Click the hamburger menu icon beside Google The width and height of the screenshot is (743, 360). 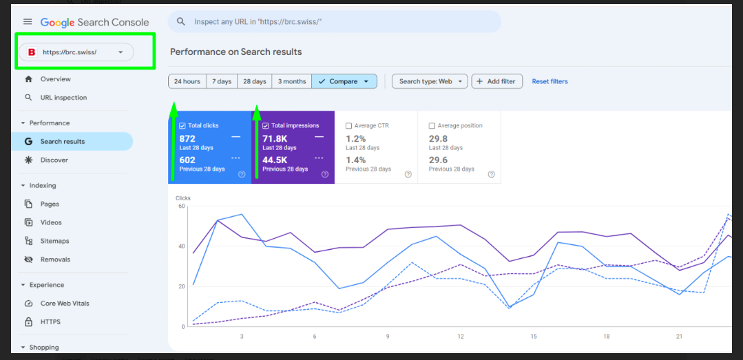click(28, 22)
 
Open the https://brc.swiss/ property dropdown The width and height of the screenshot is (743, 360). click(76, 52)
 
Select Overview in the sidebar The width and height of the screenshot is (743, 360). click(56, 79)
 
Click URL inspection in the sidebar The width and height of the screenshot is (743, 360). click(63, 98)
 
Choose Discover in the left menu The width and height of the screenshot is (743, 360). click(54, 160)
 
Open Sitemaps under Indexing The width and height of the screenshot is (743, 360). click(54, 241)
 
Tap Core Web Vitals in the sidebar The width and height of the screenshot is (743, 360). click(65, 303)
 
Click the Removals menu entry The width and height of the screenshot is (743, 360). click(55, 260)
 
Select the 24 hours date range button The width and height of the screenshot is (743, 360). click(187, 81)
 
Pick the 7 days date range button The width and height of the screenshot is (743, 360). click(222, 81)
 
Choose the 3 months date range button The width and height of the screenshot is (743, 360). click(292, 81)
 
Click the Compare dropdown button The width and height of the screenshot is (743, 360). click(344, 81)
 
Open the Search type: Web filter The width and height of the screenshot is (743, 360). click(430, 81)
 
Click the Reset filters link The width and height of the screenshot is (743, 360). click(550, 81)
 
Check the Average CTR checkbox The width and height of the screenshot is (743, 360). click(348, 126)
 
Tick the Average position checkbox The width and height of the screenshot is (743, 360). click(432, 126)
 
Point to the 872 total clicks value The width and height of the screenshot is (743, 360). click(187, 139)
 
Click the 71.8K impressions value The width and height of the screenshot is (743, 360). click(275, 139)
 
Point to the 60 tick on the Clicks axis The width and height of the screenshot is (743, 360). click(181, 206)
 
